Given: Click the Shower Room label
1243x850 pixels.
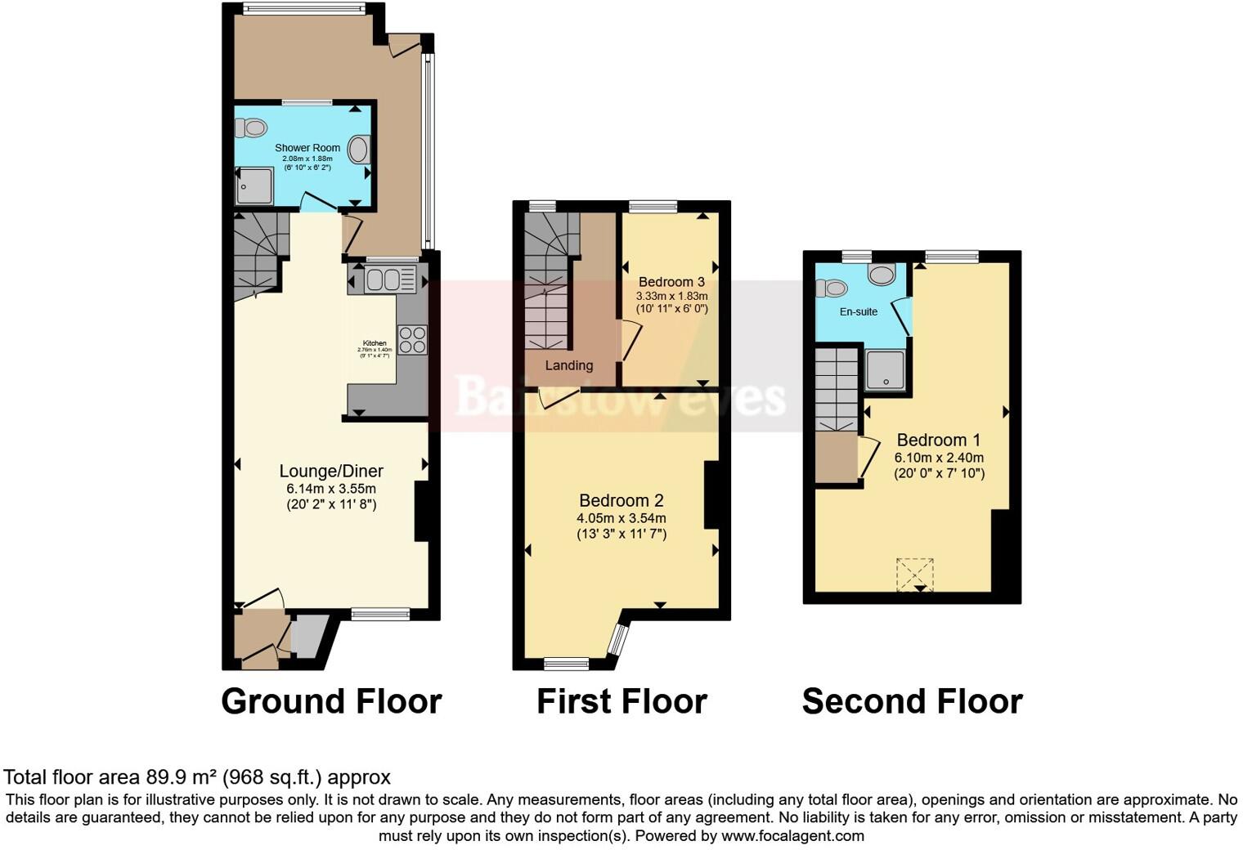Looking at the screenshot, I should pyautogui.click(x=307, y=148).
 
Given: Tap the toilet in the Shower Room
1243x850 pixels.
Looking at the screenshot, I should pyautogui.click(x=251, y=127).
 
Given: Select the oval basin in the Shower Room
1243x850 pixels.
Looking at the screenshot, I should pyautogui.click(x=359, y=150).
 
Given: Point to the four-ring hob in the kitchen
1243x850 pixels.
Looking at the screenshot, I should pyautogui.click(x=412, y=339).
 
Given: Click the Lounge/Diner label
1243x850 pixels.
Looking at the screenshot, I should pyautogui.click(x=331, y=471).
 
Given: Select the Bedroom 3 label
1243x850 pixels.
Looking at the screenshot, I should pyautogui.click(x=671, y=282).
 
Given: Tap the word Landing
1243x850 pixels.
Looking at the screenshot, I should pyautogui.click(x=569, y=365).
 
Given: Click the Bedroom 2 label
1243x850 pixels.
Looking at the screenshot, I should pyautogui.click(x=621, y=500).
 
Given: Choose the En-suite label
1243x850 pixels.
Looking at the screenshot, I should pyautogui.click(x=859, y=311).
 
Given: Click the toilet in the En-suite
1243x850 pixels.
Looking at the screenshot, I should pyautogui.click(x=831, y=288).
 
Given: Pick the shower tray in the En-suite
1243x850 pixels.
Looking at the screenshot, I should pyautogui.click(x=885, y=370).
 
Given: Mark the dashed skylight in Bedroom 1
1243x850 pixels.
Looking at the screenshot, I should pyautogui.click(x=915, y=575).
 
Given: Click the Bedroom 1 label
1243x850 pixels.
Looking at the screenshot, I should pyautogui.click(x=939, y=440).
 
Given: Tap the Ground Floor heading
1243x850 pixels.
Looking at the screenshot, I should pyautogui.click(x=331, y=701).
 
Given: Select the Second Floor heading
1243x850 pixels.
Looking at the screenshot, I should pyautogui.click(x=912, y=701).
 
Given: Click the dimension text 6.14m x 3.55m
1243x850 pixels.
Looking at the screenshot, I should pyautogui.click(x=331, y=489).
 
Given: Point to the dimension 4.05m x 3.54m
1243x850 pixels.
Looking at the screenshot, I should pyautogui.click(x=621, y=518).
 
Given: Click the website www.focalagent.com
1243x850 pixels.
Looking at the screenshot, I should pyautogui.click(x=792, y=836).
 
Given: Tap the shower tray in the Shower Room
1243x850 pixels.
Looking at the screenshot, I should pyautogui.click(x=255, y=186).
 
